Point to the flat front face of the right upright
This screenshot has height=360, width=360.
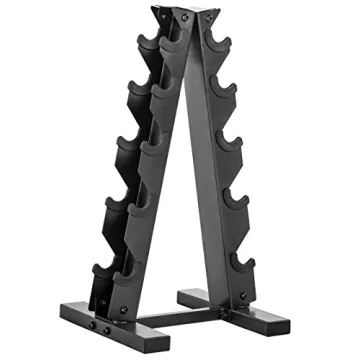tap(214, 170)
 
